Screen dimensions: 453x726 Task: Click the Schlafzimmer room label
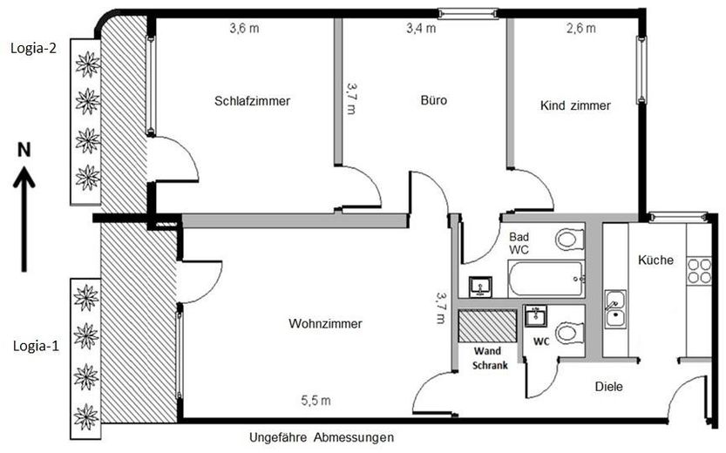click(x=252, y=101)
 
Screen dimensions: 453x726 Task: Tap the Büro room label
click(x=433, y=101)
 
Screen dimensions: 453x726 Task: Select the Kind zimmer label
click(x=575, y=105)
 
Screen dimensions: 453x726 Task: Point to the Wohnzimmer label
click(x=324, y=324)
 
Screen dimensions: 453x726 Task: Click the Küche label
click(x=655, y=260)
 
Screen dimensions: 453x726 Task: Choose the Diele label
click(x=608, y=387)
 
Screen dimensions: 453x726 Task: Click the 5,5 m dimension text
click(x=316, y=401)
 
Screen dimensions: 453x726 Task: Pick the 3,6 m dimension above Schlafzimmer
click(x=244, y=29)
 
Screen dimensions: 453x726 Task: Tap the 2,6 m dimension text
click(x=580, y=29)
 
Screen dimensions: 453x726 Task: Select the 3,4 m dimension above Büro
click(x=421, y=29)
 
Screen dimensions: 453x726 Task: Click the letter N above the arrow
click(x=25, y=151)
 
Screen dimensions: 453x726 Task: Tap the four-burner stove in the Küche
click(x=699, y=270)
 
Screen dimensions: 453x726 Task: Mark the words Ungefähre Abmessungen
click(x=322, y=436)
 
